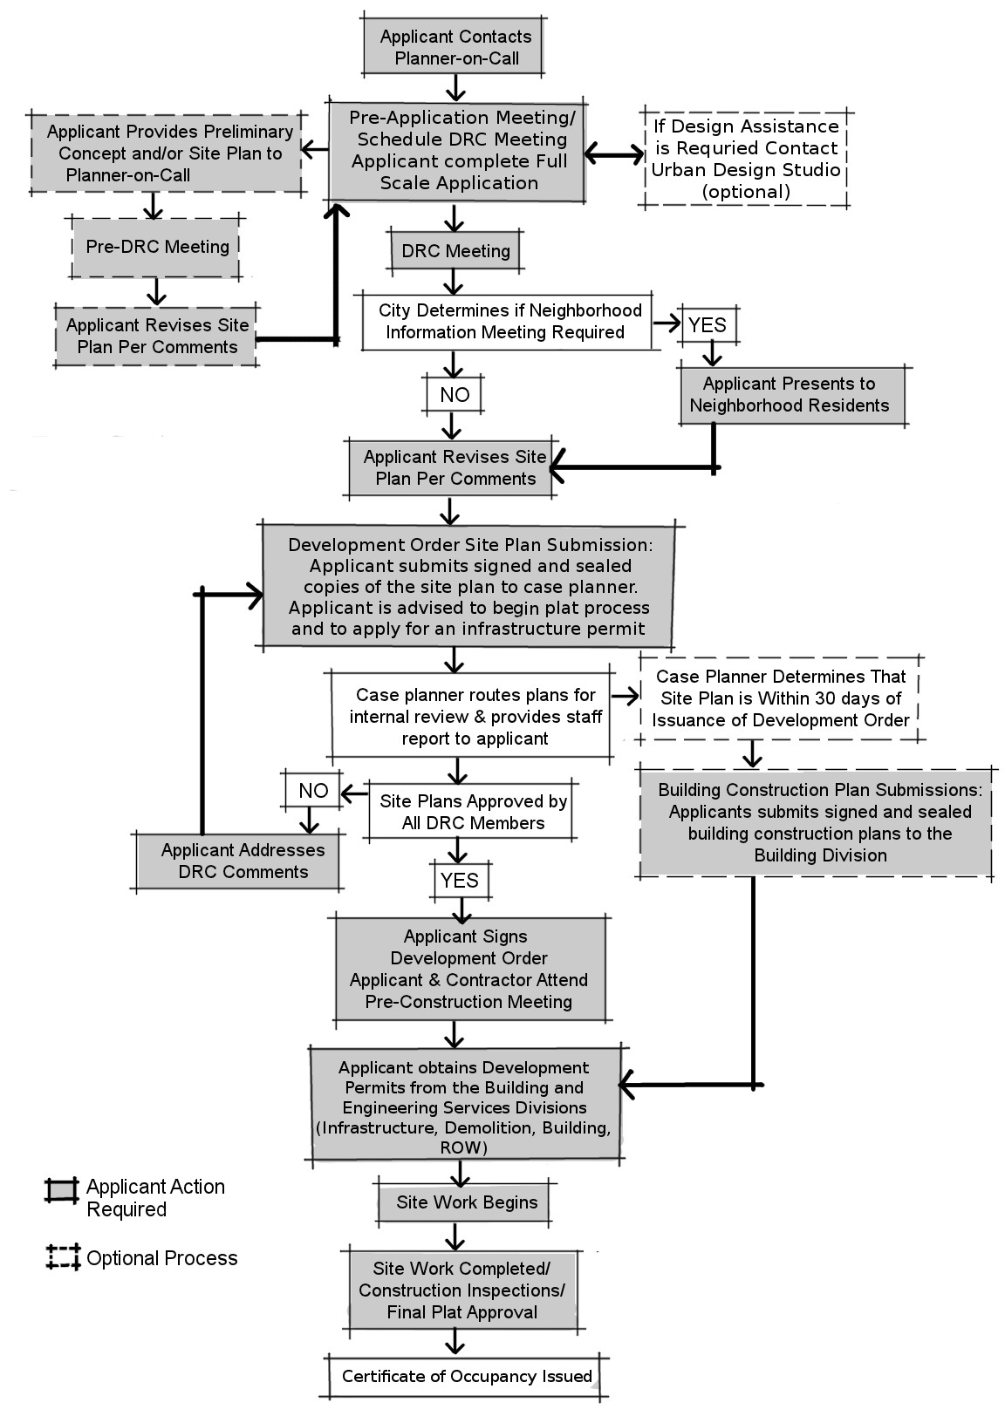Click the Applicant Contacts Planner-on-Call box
pyautogui.click(x=455, y=48)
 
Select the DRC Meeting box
pyautogui.click(x=455, y=251)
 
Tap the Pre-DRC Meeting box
pyautogui.click(x=157, y=247)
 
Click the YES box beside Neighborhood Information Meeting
pyautogui.click(x=707, y=325)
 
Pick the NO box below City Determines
pyautogui.click(x=454, y=394)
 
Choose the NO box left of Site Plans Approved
pyautogui.click(x=313, y=791)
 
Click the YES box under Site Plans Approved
pyautogui.click(x=460, y=880)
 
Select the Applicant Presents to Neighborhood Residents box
pyautogui.click(x=790, y=395)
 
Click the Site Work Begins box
pyautogui.click(x=466, y=1202)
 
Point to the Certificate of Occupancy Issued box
pyautogui.click(x=467, y=1377)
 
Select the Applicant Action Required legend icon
pyautogui.click(x=62, y=1191)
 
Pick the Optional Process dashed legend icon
pyautogui.click(x=63, y=1257)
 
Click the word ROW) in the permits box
pyautogui.click(x=464, y=1147)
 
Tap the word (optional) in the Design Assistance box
pyautogui.click(x=746, y=192)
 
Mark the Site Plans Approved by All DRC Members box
pyautogui.click(x=473, y=812)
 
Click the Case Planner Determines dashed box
pyautogui.click(x=780, y=698)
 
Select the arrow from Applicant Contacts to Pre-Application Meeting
pyautogui.click(x=455, y=88)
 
